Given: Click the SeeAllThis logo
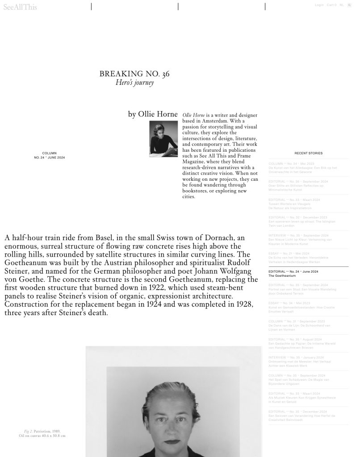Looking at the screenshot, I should pyautogui.click(x=20, y=7).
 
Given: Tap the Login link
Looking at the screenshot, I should pyautogui.click(x=319, y=5).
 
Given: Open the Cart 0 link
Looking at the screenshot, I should pyautogui.click(x=331, y=5).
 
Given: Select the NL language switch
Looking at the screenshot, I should pyautogui.click(x=342, y=5).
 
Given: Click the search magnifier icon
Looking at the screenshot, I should pyautogui.click(x=349, y=5).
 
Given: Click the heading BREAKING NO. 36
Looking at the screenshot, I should pyautogui.click(x=134, y=74).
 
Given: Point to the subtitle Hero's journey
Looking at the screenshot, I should pyautogui.click(x=134, y=83).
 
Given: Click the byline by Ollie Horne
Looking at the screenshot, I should pyautogui.click(x=153, y=114).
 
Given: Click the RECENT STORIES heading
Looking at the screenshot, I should pyautogui.click(x=308, y=153).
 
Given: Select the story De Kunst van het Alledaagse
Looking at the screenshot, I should pyautogui.click(x=302, y=168).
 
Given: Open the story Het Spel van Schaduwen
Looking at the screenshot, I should pyautogui.click(x=298, y=380).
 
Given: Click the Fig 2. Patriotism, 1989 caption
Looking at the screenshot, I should pyautogui.click(x=42, y=432).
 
